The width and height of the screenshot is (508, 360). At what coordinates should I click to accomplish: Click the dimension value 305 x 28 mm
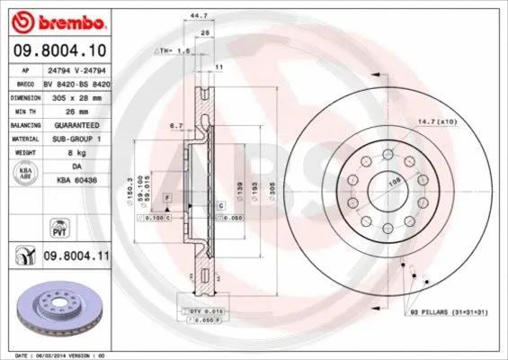pos(76,94)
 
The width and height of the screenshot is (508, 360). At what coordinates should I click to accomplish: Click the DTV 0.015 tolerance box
pos(208,310)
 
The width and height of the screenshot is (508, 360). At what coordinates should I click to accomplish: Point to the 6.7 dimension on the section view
pos(176,126)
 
